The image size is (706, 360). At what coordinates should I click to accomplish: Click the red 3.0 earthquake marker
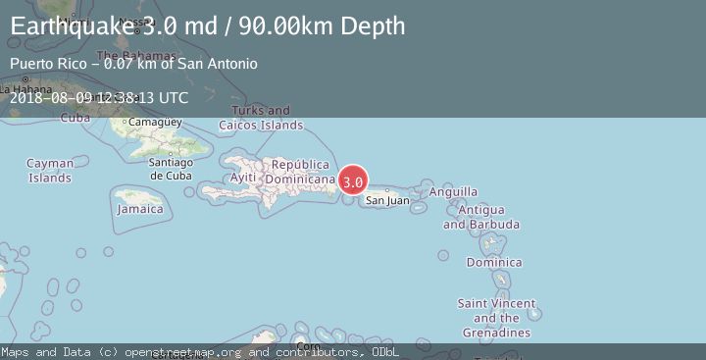353,181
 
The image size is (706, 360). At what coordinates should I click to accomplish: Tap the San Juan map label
387,201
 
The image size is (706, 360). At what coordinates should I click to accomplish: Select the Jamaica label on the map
140,209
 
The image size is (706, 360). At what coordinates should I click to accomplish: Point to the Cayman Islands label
49,171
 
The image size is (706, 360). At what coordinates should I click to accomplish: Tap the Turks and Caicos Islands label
261,118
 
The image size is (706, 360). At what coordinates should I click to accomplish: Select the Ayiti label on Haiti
242,178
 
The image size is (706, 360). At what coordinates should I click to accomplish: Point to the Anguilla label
454,192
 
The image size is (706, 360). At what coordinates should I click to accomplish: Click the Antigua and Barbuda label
480,217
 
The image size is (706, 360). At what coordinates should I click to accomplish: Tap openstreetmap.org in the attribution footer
171,351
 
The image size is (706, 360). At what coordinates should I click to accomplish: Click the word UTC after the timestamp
173,97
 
